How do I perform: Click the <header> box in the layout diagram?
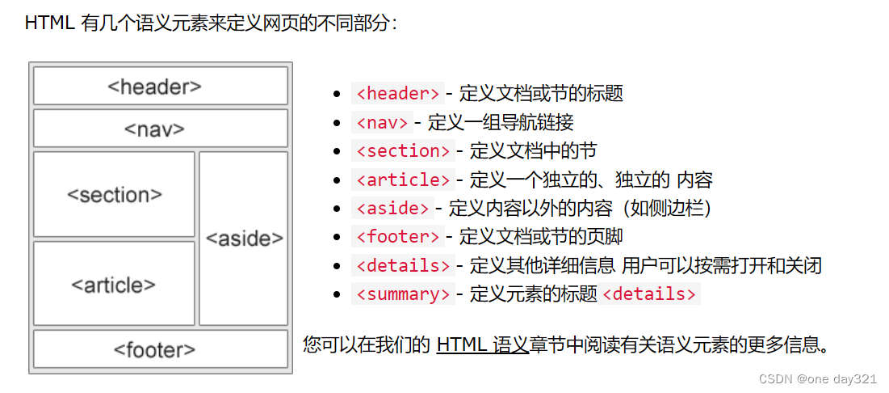(160, 86)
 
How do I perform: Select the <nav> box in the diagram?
(160, 128)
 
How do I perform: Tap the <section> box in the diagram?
(114, 194)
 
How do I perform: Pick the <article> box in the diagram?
(114, 284)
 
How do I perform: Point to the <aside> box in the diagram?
(244, 238)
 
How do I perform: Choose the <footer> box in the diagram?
(160, 349)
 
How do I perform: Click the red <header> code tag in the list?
(398, 93)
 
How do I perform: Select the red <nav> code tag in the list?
(382, 122)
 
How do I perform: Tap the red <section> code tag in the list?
(403, 150)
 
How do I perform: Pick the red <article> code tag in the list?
(403, 180)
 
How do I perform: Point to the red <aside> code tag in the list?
(392, 208)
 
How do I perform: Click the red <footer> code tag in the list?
(398, 236)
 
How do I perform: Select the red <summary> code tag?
(403, 294)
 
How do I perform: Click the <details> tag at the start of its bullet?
(403, 265)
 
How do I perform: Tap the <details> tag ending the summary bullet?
(649, 294)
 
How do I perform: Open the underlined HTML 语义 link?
(482, 345)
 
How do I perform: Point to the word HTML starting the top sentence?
(50, 23)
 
